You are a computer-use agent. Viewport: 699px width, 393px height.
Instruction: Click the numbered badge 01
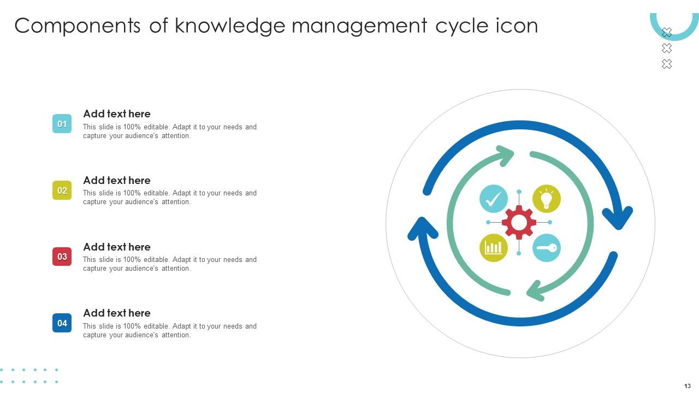(x=62, y=124)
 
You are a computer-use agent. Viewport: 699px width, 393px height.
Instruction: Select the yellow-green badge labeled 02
(x=62, y=190)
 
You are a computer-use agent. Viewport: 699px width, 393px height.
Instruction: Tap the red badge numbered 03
(x=62, y=257)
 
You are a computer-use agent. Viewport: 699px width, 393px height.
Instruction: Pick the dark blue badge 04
(x=62, y=323)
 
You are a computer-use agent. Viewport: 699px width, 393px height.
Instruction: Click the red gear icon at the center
(x=519, y=223)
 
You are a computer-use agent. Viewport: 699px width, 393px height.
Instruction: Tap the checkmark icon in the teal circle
(x=494, y=198)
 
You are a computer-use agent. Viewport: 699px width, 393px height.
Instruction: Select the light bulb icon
(x=546, y=198)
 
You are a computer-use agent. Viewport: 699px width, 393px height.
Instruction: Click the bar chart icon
(x=494, y=248)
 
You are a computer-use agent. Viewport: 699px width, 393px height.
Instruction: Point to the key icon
(x=546, y=248)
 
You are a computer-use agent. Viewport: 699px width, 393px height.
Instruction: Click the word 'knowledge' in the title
(x=230, y=26)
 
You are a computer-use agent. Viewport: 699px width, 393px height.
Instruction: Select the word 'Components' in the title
(x=78, y=26)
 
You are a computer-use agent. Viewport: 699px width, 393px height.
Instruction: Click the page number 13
(x=688, y=386)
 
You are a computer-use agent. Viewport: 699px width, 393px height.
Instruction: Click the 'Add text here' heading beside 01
(x=117, y=114)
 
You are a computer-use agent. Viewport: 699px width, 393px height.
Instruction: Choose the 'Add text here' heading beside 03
(x=117, y=247)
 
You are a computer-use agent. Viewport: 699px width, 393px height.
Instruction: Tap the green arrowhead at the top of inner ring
(x=505, y=155)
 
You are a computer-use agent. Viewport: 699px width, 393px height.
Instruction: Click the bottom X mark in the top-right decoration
(x=667, y=64)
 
